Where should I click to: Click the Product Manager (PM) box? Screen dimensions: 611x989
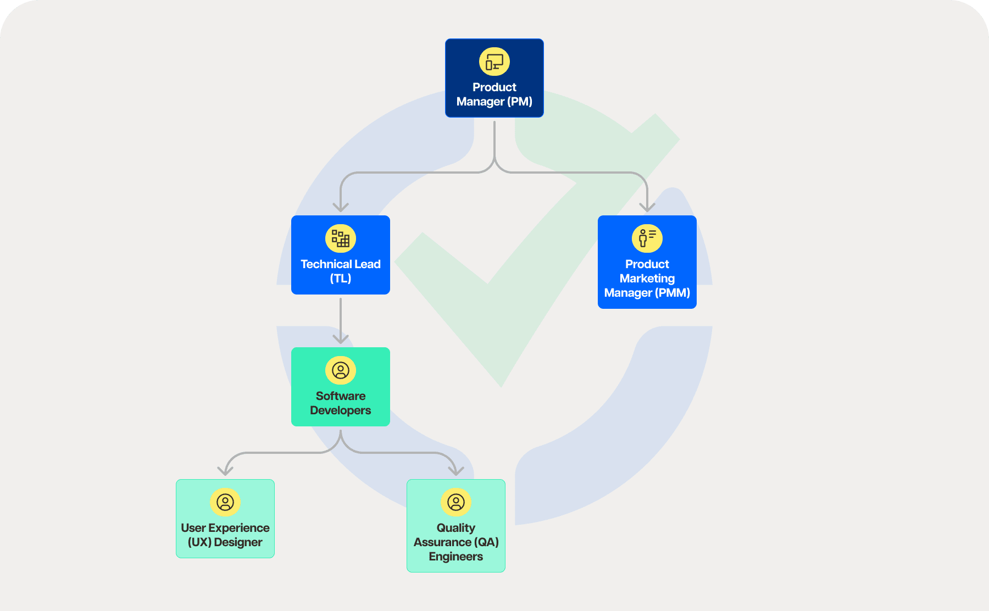click(494, 78)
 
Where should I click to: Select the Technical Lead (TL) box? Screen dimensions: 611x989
click(340, 255)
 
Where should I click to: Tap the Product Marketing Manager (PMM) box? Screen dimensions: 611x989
click(647, 262)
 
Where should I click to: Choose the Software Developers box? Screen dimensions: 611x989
click(340, 387)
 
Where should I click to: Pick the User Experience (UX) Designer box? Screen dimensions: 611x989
click(225, 519)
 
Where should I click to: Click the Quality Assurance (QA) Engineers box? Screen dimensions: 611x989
click(455, 526)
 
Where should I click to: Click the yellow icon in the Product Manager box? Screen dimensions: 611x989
click(494, 62)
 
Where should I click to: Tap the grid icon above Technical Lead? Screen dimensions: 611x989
click(340, 238)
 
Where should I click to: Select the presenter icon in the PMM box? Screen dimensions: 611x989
click(647, 238)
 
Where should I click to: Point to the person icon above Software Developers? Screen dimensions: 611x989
click(340, 370)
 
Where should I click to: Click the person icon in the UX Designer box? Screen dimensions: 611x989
click(225, 502)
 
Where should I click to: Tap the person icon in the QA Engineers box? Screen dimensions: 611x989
click(455, 502)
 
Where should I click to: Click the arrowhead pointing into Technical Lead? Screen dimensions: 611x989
click(341, 207)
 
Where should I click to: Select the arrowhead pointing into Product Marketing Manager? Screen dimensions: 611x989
click(647, 207)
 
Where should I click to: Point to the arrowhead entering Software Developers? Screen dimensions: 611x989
click(341, 339)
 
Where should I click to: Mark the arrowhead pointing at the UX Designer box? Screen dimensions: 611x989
click(225, 471)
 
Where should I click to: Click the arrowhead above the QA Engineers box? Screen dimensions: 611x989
click(456, 471)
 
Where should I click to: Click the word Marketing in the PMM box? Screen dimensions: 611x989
click(647, 279)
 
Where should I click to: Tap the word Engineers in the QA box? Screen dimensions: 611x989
click(455, 557)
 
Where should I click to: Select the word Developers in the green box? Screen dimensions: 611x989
click(340, 410)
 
